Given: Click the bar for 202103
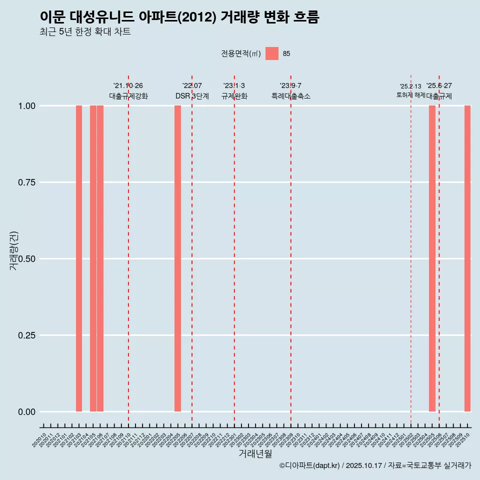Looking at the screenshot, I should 79,258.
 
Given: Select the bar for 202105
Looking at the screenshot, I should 93,258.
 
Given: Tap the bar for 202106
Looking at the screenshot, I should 100,258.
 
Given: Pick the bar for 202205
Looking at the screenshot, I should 177,258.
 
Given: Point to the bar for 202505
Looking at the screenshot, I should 432,258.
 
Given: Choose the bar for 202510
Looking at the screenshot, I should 467,258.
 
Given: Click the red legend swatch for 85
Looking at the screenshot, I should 272,53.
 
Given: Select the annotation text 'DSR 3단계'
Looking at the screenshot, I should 192,96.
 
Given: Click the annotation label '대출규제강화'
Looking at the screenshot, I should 128,96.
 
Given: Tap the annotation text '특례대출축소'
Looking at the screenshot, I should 291,96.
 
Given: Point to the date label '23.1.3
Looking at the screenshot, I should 234,86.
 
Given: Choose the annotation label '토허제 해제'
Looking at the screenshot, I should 410,94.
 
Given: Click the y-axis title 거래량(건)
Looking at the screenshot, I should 14,250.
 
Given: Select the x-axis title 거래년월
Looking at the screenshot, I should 255,454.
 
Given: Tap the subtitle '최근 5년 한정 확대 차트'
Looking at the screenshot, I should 85,32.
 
